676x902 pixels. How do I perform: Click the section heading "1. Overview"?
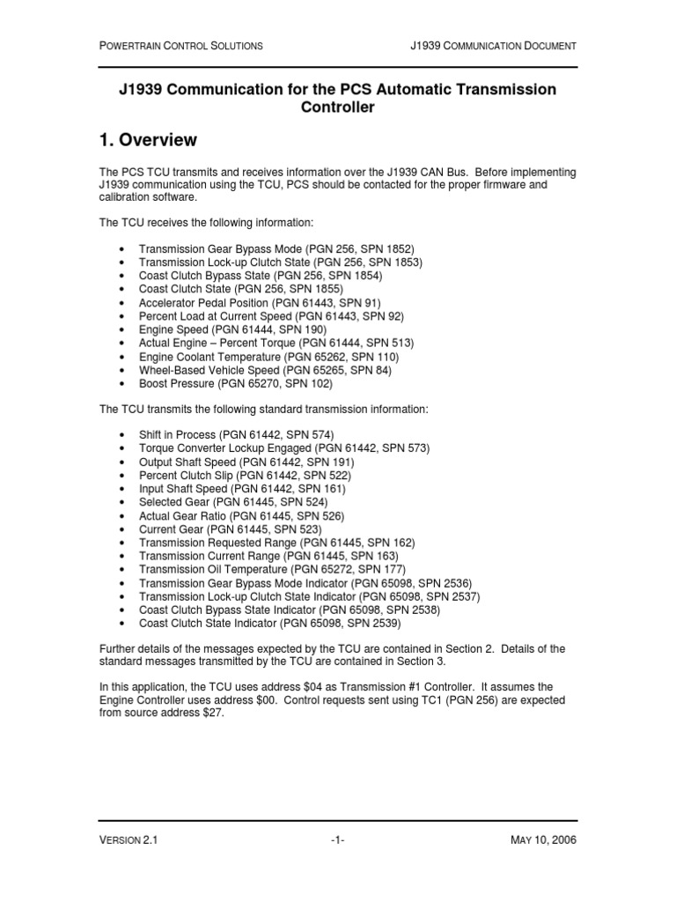pyautogui.click(x=148, y=141)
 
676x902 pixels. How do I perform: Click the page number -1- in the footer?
pyautogui.click(x=337, y=840)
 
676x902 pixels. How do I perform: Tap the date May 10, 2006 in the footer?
pyautogui.click(x=543, y=840)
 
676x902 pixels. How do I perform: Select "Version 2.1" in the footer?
pyautogui.click(x=128, y=840)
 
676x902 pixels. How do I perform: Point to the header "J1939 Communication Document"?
pyautogui.click(x=494, y=45)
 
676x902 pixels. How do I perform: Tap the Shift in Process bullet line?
pyautogui.click(x=236, y=434)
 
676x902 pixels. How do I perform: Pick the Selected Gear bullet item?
pyautogui.click(x=233, y=502)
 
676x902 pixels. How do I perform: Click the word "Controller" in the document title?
pyautogui.click(x=338, y=107)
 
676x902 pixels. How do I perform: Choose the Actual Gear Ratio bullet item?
pyautogui.click(x=241, y=515)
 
